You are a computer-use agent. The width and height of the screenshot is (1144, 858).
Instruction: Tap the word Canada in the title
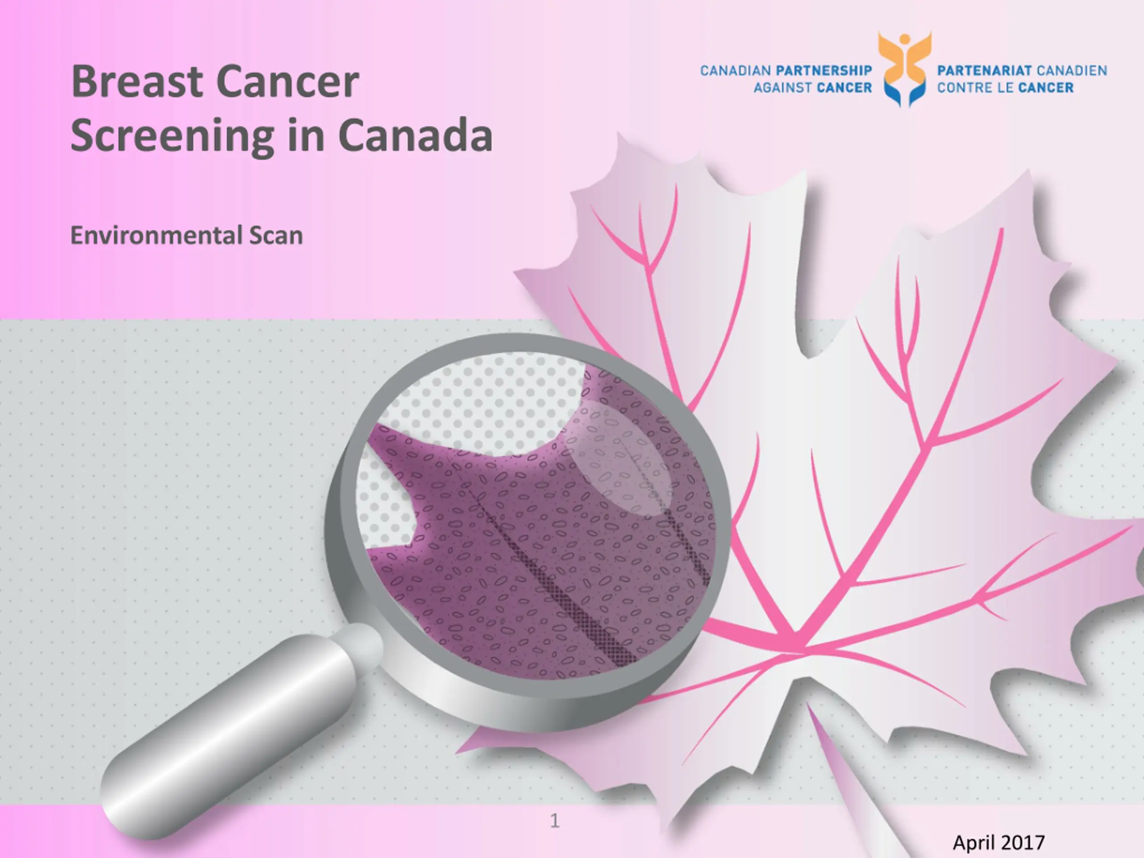click(415, 135)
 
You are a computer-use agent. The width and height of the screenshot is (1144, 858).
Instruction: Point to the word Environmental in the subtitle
click(156, 236)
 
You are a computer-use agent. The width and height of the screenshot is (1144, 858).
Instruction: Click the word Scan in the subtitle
click(276, 236)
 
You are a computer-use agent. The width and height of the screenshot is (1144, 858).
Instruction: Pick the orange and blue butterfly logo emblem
click(904, 69)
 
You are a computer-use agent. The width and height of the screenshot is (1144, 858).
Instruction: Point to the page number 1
click(555, 820)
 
